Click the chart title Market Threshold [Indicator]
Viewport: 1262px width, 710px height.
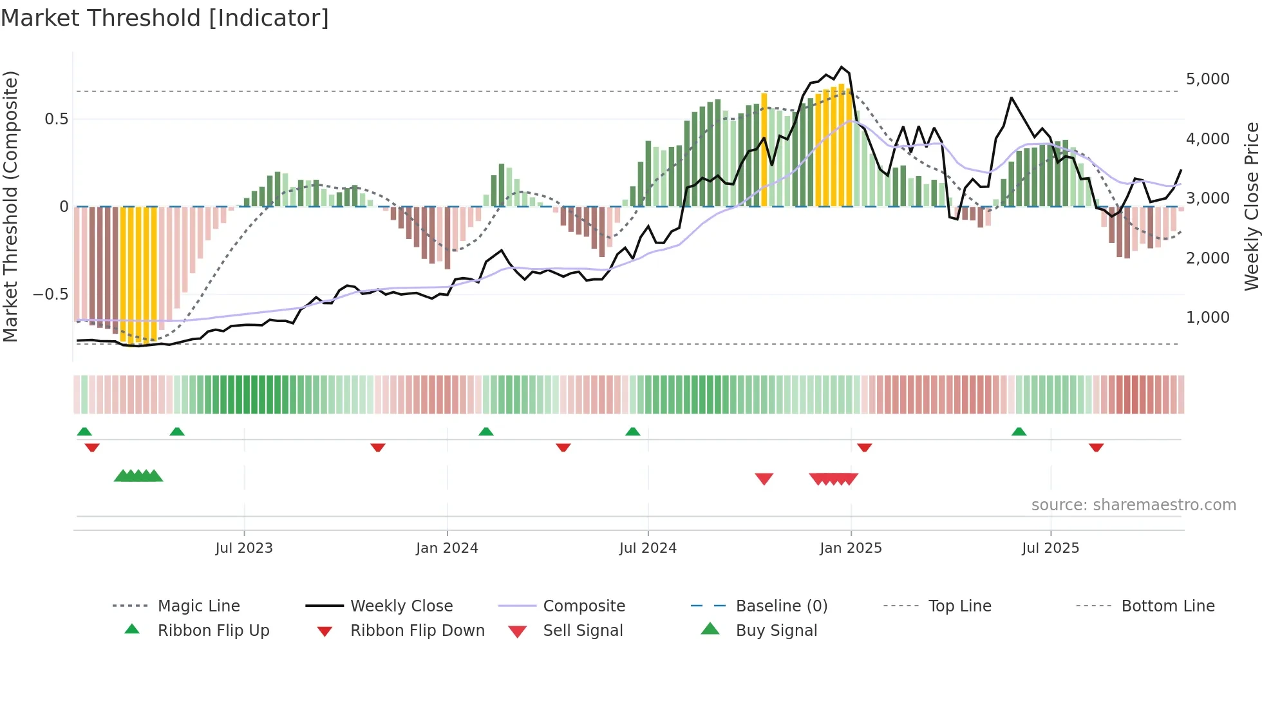(x=165, y=18)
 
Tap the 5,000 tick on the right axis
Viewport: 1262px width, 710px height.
(x=1207, y=79)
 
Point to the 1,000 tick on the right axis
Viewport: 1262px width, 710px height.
(x=1207, y=318)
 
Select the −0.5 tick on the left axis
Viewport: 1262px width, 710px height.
(x=50, y=294)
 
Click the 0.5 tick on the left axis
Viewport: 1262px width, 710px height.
(x=56, y=119)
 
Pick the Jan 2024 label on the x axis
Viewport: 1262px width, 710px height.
(x=447, y=548)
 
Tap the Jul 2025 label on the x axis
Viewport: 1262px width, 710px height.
(x=1050, y=548)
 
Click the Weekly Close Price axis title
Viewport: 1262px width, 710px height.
(x=1251, y=206)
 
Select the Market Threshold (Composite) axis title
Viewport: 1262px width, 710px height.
(x=10, y=206)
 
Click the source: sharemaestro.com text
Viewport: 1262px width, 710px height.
(x=1133, y=505)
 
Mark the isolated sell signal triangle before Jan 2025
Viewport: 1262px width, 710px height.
(x=764, y=479)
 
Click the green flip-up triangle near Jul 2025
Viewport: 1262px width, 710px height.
(x=1019, y=432)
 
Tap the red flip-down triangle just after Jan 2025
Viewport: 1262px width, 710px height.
(x=865, y=447)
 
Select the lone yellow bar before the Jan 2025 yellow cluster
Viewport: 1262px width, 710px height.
(x=764, y=149)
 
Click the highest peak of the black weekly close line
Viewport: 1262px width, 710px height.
(x=841, y=67)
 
